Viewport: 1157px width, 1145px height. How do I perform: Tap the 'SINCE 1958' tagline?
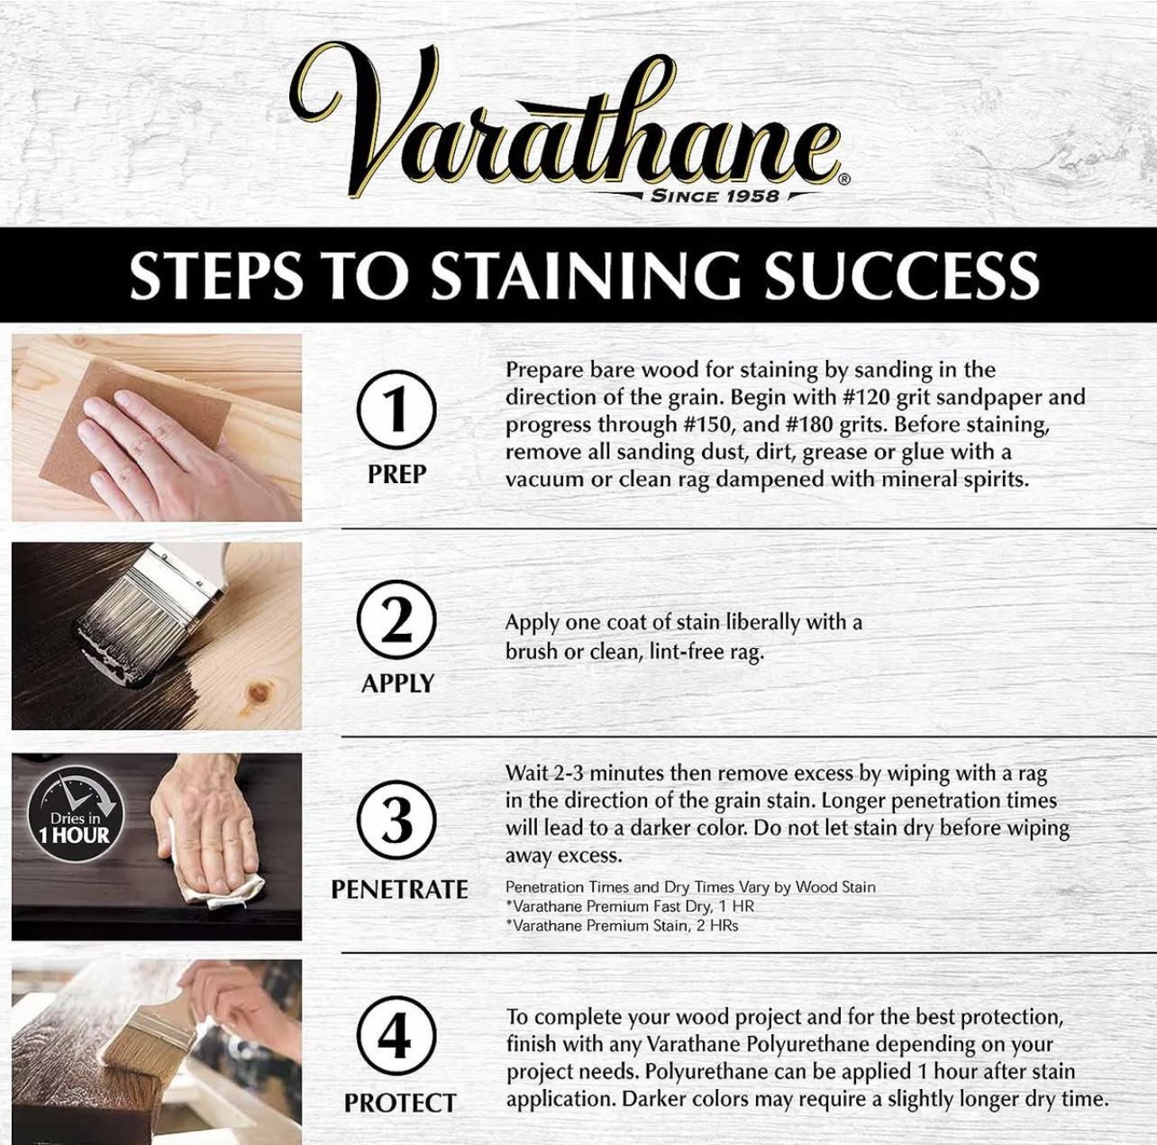tap(715, 196)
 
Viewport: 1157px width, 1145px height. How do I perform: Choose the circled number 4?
tap(396, 1037)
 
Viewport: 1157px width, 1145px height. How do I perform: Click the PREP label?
tap(396, 474)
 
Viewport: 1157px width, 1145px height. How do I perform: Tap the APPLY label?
tap(397, 683)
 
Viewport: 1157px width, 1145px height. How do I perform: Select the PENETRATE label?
tap(399, 890)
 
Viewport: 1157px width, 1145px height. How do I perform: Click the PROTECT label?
tap(399, 1103)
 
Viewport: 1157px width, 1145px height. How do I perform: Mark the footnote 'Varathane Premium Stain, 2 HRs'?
tap(622, 925)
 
